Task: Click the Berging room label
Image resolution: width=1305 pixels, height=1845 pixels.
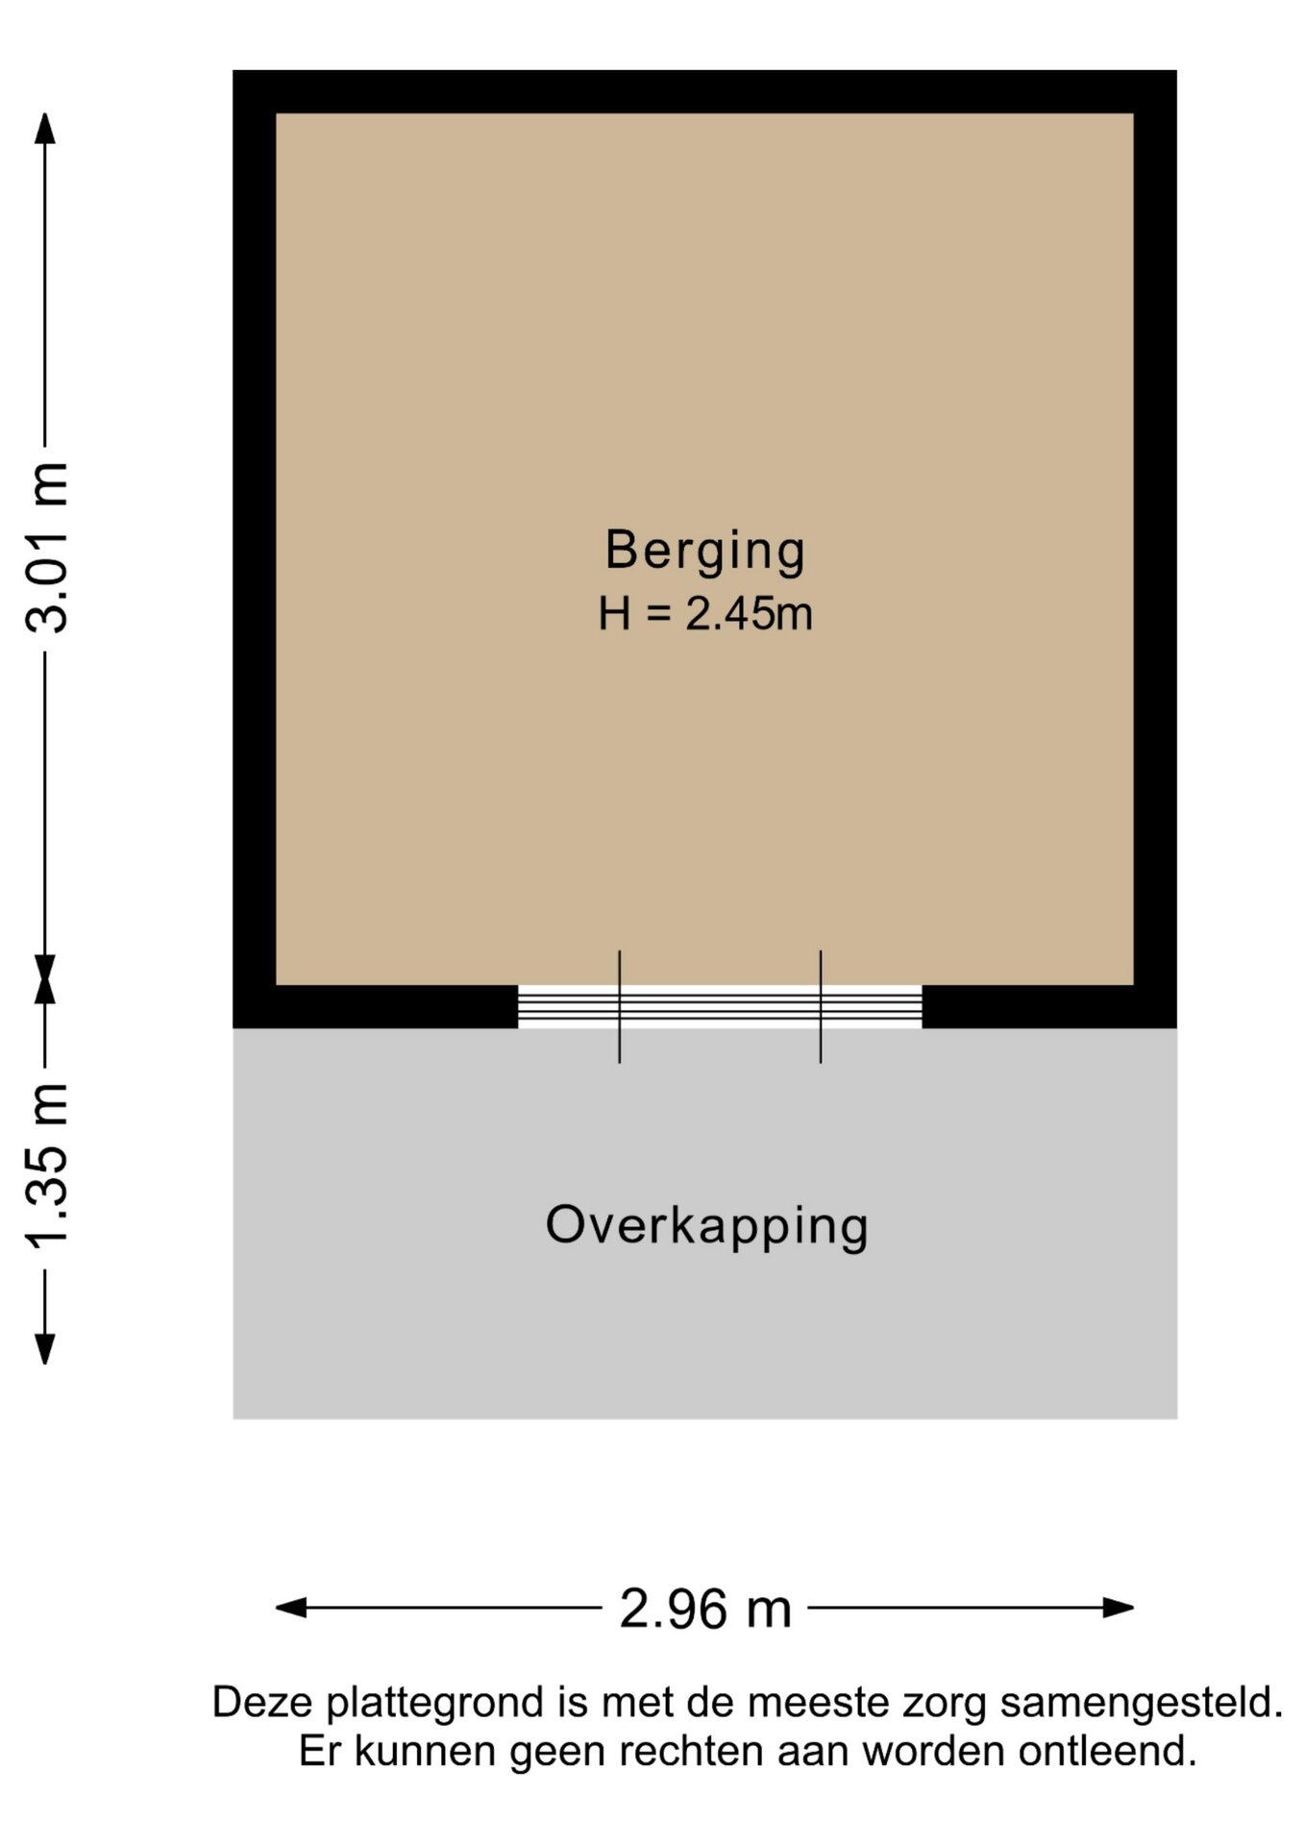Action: pyautogui.click(x=704, y=552)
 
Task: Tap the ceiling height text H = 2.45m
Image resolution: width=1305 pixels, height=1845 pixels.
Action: pyautogui.click(x=705, y=614)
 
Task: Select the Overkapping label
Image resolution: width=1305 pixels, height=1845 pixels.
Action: pyautogui.click(x=706, y=1227)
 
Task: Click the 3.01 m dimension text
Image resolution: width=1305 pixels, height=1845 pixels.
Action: pyautogui.click(x=47, y=547)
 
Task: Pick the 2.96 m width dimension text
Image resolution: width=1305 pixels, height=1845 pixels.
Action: pyautogui.click(x=705, y=1609)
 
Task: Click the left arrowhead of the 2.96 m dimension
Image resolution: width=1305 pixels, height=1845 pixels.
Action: pyautogui.click(x=291, y=1608)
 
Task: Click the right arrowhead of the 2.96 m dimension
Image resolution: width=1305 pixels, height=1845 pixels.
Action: pyautogui.click(x=1119, y=1608)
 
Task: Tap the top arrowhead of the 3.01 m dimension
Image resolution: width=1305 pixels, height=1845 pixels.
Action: pyautogui.click(x=45, y=129)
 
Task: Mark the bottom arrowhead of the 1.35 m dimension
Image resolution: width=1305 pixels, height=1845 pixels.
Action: pyautogui.click(x=45, y=1348)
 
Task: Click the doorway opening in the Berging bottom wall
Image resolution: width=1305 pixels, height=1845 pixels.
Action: pyautogui.click(x=720, y=1006)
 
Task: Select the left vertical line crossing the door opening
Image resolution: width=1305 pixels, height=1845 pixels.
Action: pyautogui.click(x=620, y=1006)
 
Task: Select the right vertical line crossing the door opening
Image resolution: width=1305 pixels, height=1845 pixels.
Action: pyautogui.click(x=821, y=1006)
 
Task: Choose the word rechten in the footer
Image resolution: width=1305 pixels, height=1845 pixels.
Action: pyautogui.click(x=691, y=1751)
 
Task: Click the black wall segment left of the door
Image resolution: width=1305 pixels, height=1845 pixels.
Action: pyautogui.click(x=376, y=1006)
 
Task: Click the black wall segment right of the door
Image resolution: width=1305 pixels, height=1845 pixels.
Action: pyautogui.click(x=1049, y=1006)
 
